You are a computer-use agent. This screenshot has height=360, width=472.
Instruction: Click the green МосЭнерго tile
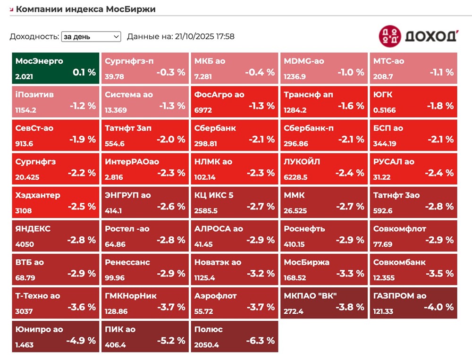[55, 68]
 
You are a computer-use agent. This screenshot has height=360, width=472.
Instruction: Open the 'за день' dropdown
[91, 36]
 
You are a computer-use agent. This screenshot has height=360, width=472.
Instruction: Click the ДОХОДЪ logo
[418, 35]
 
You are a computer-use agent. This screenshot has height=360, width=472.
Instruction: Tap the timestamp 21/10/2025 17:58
[205, 36]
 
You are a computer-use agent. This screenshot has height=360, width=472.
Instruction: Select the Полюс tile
[234, 336]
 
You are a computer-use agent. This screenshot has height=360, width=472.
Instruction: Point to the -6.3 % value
[260, 341]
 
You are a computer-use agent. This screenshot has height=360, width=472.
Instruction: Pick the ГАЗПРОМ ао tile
[413, 302]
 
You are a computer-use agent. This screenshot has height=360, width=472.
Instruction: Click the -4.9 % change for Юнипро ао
[81, 341]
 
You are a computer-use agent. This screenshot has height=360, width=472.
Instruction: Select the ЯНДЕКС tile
[55, 235]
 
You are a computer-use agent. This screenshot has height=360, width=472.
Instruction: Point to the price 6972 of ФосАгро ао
[203, 110]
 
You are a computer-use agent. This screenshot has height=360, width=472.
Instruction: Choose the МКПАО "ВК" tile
[324, 302]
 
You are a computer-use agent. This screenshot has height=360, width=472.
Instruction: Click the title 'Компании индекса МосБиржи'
[85, 9]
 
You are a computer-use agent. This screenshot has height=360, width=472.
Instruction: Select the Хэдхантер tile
[55, 201]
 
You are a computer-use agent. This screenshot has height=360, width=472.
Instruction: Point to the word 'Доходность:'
[34, 36]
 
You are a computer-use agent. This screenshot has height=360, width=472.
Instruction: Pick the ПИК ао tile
[144, 336]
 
